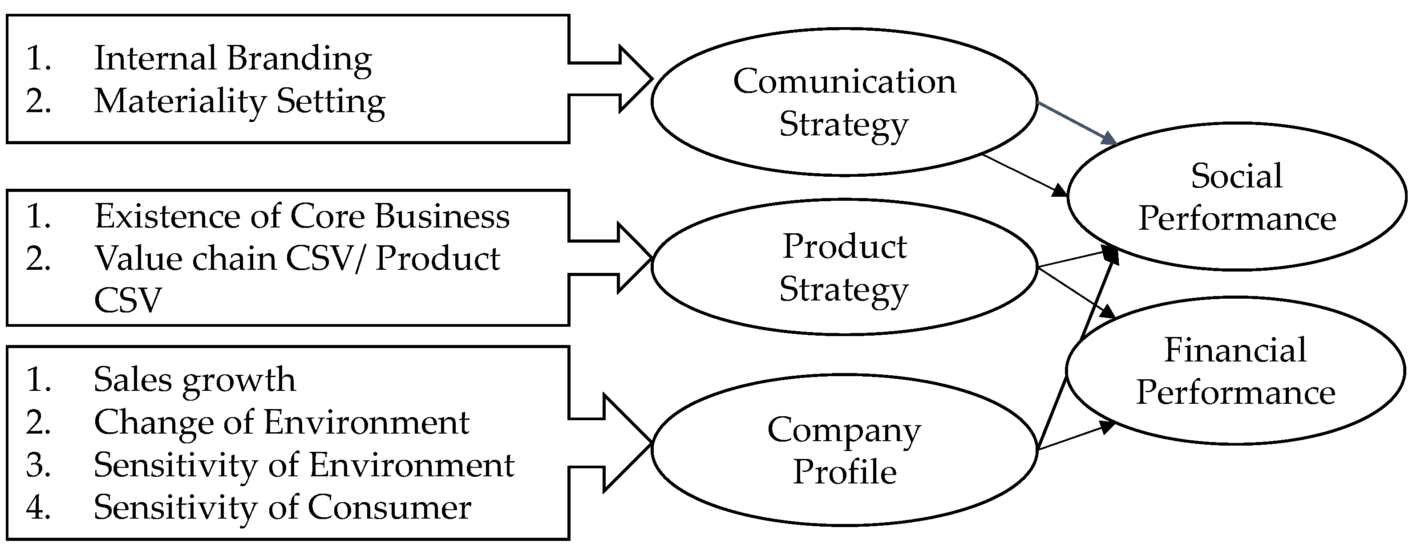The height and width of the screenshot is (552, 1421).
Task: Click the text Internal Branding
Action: (232, 58)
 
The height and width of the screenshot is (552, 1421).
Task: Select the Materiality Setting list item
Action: (239, 102)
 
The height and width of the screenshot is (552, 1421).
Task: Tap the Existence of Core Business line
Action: (302, 216)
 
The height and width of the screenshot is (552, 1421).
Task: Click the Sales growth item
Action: (194, 380)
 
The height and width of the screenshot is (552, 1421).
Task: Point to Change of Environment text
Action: (281, 423)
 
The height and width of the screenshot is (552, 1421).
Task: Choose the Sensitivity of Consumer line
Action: (282, 507)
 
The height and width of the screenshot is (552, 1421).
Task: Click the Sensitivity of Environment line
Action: (304, 465)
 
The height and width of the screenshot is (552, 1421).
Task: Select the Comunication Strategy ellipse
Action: (844, 102)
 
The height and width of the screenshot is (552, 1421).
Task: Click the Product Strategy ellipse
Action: (844, 267)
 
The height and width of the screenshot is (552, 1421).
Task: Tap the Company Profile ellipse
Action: (844, 450)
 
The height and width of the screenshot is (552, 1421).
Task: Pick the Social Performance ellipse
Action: (1237, 196)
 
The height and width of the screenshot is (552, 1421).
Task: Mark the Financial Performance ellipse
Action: (1236, 371)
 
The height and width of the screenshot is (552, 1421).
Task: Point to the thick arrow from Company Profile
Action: (1067, 370)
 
